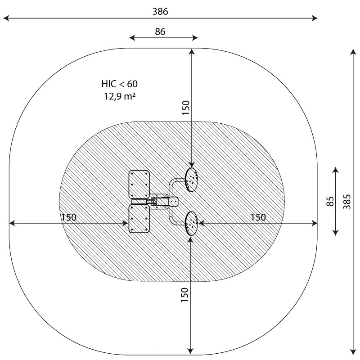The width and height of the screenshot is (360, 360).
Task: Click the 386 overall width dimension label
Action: (x=160, y=12)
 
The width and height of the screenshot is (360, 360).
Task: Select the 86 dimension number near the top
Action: (x=160, y=31)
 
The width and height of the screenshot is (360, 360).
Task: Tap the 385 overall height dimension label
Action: (x=347, y=202)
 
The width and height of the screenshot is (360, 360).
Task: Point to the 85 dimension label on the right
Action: (x=330, y=201)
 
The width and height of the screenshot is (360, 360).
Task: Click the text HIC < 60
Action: (x=120, y=84)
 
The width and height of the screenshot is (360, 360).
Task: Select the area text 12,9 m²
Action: (x=120, y=96)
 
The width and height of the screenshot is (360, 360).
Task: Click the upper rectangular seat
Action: (x=139, y=184)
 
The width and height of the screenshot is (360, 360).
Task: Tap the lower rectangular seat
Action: (x=139, y=219)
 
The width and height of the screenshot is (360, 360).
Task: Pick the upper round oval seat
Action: (x=192, y=180)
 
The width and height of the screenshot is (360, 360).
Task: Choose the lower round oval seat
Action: (x=192, y=223)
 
